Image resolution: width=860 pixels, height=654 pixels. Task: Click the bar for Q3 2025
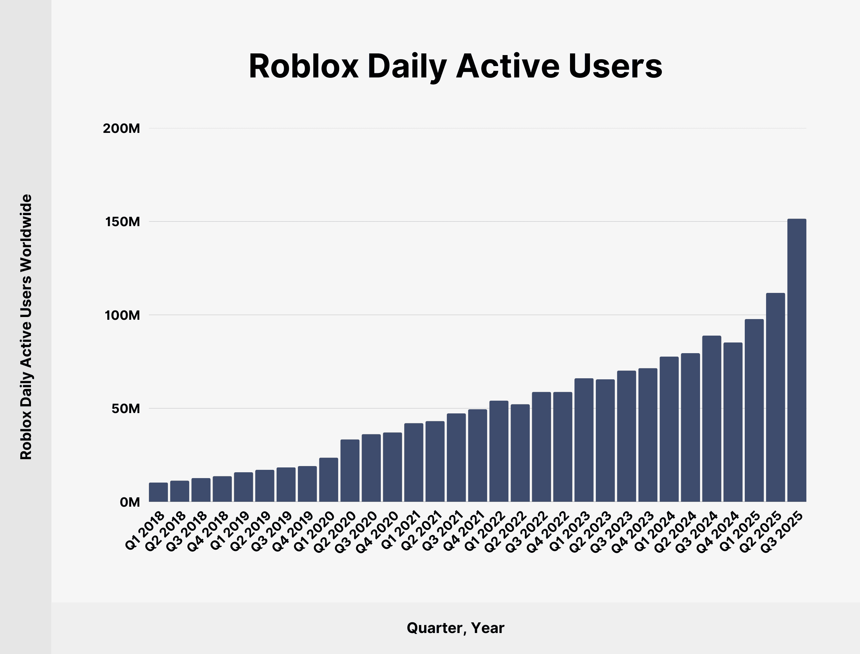[797, 360]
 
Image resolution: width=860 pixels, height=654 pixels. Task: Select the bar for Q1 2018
[158, 492]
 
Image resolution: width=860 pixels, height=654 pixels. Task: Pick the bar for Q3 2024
[711, 419]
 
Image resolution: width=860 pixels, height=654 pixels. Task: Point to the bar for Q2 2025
[775, 397]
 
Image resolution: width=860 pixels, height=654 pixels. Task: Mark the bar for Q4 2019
[307, 484]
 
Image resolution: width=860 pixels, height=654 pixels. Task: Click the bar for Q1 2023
[584, 440]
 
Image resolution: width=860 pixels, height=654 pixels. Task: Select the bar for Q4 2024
[733, 422]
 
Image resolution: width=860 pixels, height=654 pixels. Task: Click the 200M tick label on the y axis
[121, 128]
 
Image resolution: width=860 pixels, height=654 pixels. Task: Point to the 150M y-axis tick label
[122, 222]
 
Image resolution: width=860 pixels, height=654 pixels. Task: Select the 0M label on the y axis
[130, 503]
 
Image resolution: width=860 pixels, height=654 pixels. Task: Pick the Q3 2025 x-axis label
[782, 532]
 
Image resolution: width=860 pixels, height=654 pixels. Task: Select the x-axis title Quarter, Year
[455, 628]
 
